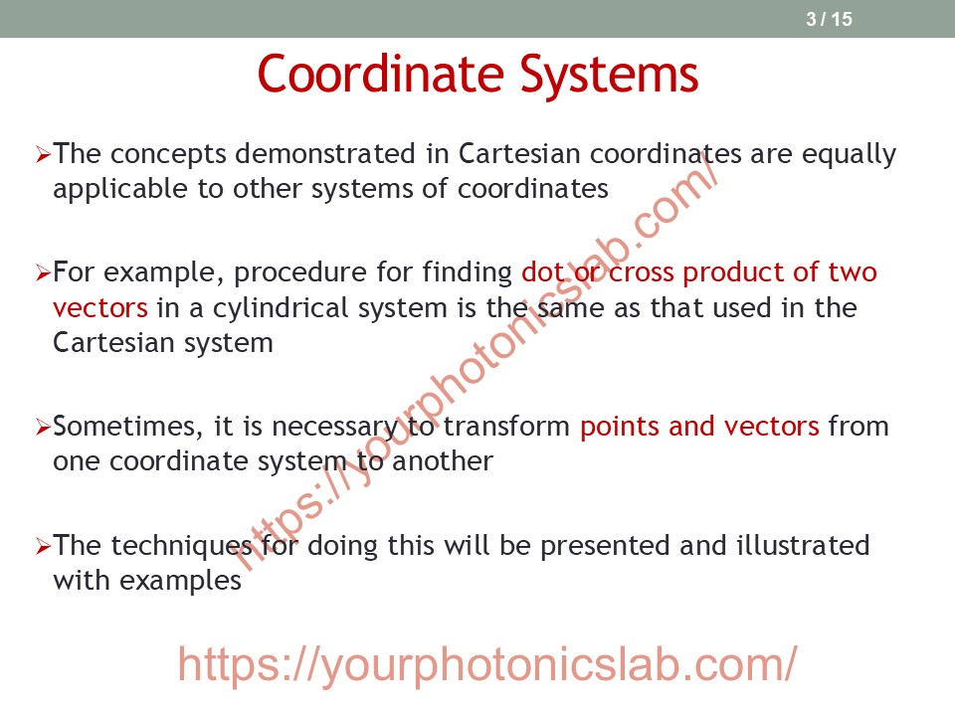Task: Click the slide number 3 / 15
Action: point(829,19)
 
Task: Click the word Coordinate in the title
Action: point(381,74)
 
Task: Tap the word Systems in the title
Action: point(609,75)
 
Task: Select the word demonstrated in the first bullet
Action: point(325,153)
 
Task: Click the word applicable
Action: point(120,189)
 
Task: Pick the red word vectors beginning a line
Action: point(100,308)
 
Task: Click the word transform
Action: point(506,427)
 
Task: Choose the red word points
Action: point(620,428)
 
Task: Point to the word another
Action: point(443,461)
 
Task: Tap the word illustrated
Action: point(803,545)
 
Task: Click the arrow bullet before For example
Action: point(43,272)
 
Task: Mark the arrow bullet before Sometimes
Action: point(43,428)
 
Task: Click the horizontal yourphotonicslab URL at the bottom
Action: point(487,665)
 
